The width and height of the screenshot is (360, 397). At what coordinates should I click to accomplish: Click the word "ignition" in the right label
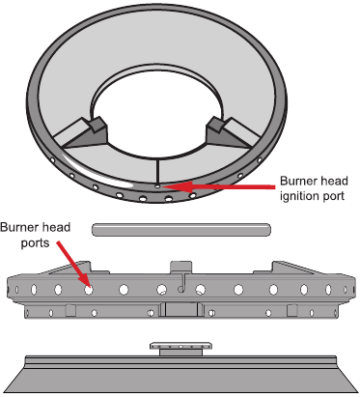click(297, 195)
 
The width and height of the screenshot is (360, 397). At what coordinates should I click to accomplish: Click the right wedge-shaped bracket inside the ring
click(219, 131)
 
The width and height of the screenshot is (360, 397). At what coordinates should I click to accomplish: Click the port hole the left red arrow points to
click(88, 288)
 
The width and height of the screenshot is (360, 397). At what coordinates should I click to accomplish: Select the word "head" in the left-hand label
click(62, 228)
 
